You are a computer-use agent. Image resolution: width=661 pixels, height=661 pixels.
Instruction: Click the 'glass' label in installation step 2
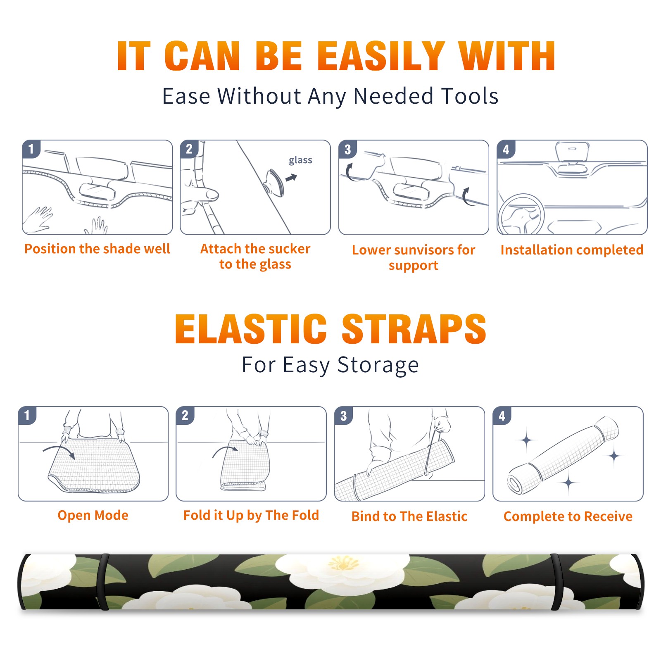[x=300, y=160]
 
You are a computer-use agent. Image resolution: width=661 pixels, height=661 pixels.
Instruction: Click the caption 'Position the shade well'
[x=97, y=249]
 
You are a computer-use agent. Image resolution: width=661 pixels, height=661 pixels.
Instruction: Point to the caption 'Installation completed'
[x=572, y=250]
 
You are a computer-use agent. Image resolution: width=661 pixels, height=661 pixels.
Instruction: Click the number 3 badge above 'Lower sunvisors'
[x=347, y=149]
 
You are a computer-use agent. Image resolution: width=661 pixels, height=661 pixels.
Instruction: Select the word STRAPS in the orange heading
[x=414, y=329]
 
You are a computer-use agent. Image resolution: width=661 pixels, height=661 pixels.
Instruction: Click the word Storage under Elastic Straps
[x=378, y=365]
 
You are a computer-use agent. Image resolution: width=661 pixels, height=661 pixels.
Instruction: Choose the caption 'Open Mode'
[x=93, y=515]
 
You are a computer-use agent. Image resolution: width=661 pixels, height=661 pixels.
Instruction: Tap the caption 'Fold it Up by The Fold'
[x=251, y=515]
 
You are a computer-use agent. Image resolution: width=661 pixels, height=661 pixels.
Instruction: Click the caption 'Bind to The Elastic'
[x=409, y=516]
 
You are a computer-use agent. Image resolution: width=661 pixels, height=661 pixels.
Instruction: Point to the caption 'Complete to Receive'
[x=568, y=516]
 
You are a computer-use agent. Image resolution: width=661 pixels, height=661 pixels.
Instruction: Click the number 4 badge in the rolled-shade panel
[x=502, y=416]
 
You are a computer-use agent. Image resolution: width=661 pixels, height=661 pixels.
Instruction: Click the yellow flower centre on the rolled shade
[x=343, y=563]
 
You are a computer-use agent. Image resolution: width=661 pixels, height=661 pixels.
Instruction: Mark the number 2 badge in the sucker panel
[x=189, y=149]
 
